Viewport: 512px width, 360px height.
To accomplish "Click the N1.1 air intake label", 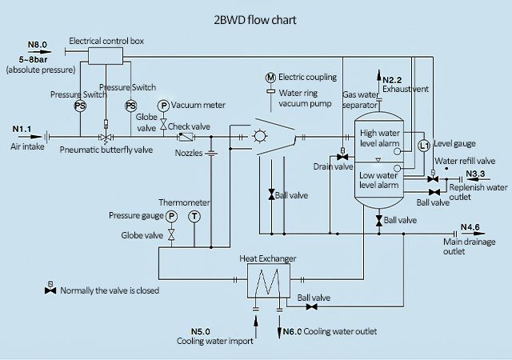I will click(x=22, y=128).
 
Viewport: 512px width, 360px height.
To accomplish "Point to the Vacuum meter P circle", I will click(x=163, y=106).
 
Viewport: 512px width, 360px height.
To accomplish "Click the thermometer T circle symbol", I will click(x=194, y=216).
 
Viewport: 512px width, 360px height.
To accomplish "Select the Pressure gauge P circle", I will click(x=171, y=216).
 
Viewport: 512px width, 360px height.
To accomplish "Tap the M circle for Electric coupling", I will click(x=271, y=77).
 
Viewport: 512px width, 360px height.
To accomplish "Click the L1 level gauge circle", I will click(x=425, y=145).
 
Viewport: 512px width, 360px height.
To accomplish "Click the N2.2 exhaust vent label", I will click(x=393, y=78).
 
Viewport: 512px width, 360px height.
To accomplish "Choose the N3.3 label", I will click(x=475, y=173).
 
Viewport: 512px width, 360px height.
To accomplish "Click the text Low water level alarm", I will click(x=379, y=180).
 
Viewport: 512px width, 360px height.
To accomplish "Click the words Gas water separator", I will click(x=360, y=100).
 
